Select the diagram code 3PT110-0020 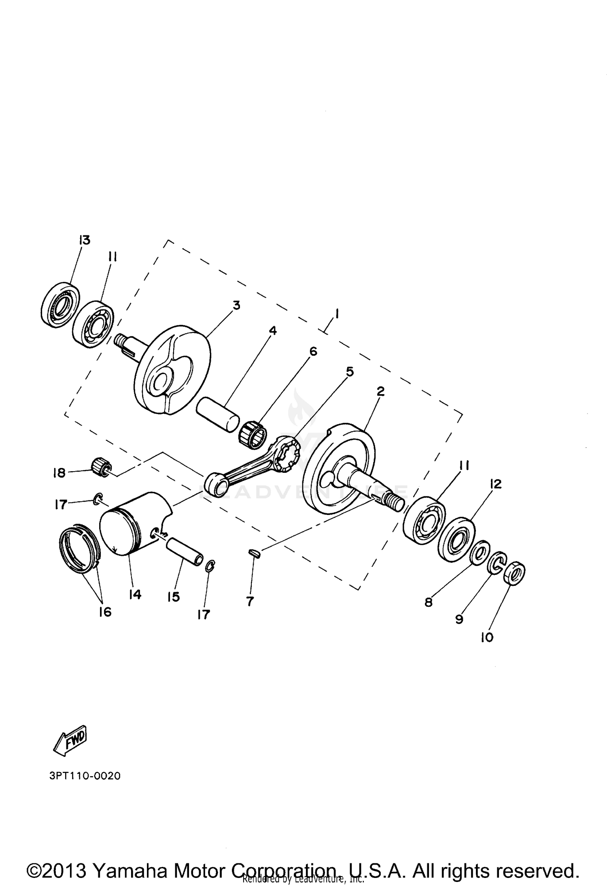(x=85, y=776)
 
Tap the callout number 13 (x=85, y=240)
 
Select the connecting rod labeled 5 (x=251, y=465)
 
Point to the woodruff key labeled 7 (x=254, y=553)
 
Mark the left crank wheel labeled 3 (x=172, y=371)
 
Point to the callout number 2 (x=380, y=391)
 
